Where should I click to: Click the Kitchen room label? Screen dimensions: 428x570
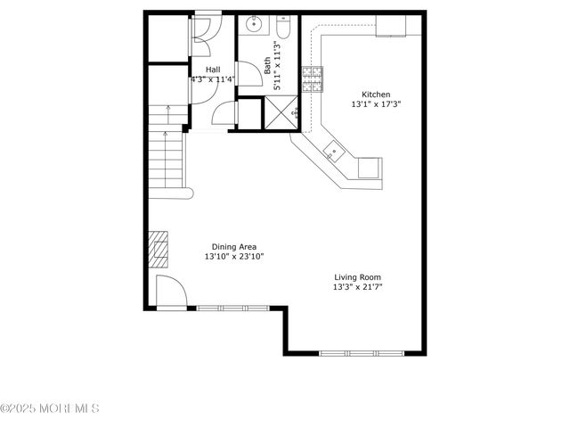coord(375,95)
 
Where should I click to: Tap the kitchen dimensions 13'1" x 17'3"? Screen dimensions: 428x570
coord(375,104)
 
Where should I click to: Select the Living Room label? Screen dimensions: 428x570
coord(358,277)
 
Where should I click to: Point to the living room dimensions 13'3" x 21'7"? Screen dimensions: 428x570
coord(358,287)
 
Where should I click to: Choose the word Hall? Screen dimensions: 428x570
coord(213,70)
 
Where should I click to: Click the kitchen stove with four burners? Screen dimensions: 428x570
coord(313,79)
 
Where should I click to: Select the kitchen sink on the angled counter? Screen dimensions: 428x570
coord(333,151)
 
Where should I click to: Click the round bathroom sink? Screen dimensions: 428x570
coord(254,24)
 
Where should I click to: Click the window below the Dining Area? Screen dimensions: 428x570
coord(232,309)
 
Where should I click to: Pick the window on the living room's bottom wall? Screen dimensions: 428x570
coord(355,353)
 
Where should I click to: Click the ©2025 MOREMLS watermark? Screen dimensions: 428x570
coord(50,408)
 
